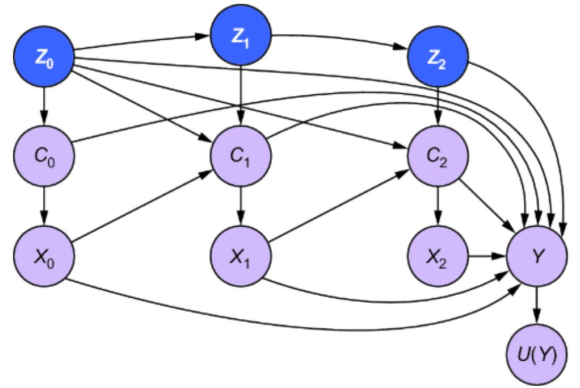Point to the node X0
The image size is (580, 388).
[x=43, y=251]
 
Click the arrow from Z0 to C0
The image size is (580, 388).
[x=43, y=107]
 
